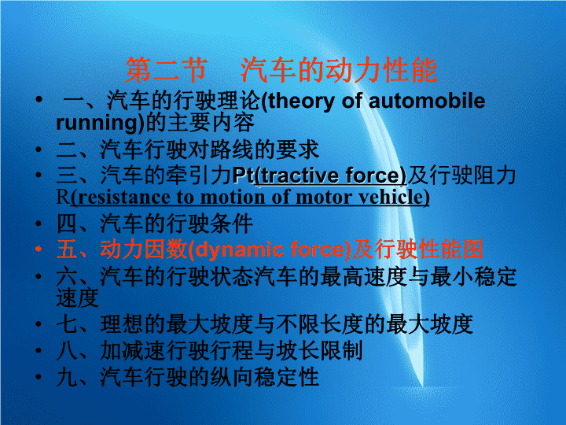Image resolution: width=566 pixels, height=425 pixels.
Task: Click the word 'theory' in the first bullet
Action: point(300,102)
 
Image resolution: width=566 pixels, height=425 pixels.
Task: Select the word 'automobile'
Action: point(427,101)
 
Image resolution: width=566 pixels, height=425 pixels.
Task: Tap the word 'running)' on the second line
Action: point(100,124)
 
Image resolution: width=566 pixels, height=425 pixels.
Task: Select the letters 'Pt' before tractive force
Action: point(243,176)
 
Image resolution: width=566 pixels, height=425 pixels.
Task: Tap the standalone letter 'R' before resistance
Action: point(62,198)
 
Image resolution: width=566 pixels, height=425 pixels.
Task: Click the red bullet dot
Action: point(39,249)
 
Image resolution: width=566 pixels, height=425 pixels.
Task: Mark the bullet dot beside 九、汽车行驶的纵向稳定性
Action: point(39,376)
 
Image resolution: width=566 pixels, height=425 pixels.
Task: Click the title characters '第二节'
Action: point(167,70)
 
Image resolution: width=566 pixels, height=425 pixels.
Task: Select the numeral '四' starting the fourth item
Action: point(67,224)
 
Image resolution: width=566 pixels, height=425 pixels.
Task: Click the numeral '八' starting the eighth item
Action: point(67,350)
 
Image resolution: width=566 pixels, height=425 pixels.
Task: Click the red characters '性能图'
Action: point(450,249)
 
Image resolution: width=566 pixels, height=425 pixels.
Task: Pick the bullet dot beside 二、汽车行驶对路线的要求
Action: point(39,150)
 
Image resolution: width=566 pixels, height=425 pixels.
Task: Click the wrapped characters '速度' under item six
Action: point(78,298)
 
